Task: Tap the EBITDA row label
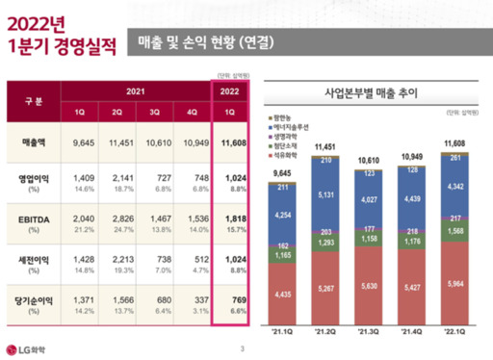36,219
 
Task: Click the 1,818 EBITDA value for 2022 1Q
229,219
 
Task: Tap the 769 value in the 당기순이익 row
230,299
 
